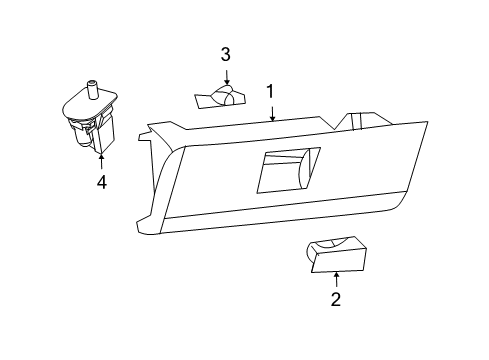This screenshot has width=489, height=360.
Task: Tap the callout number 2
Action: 336,298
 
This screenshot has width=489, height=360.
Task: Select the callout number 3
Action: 226,53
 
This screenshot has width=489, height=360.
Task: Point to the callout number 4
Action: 101,182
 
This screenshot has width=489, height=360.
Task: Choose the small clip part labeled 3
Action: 218,97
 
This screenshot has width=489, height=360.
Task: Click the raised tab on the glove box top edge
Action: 356,119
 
